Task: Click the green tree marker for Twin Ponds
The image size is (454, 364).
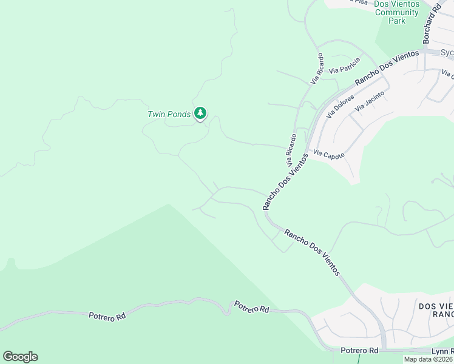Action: click(200, 113)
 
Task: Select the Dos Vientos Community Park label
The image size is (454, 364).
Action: click(396, 12)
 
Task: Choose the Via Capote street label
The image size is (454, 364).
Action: click(328, 155)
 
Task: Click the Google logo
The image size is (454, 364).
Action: click(20, 357)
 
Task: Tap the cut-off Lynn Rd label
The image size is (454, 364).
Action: click(442, 351)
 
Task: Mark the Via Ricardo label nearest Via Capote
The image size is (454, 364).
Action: click(291, 150)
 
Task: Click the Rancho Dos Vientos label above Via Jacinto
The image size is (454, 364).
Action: click(387, 67)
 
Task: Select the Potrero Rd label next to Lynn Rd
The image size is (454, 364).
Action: click(359, 351)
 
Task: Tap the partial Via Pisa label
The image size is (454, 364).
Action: click(359, 2)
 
